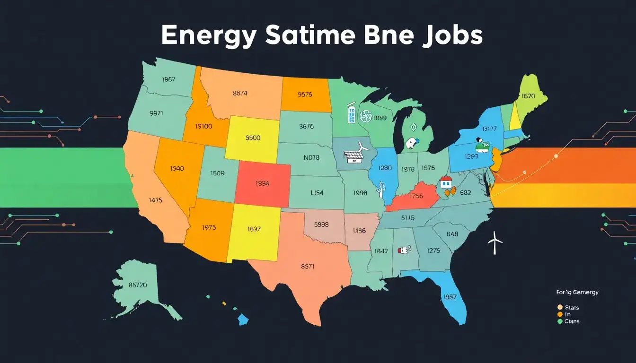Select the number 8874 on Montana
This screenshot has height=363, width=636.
[240, 93]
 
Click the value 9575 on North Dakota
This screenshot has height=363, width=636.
[305, 94]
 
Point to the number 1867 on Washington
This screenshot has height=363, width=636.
[168, 79]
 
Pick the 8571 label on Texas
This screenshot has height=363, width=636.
[308, 266]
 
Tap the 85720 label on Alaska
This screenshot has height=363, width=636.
[138, 285]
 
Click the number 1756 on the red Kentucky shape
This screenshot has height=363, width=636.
[416, 196]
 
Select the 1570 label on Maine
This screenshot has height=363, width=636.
[528, 96]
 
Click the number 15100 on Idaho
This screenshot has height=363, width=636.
[204, 126]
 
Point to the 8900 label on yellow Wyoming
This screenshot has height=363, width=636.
[253, 138]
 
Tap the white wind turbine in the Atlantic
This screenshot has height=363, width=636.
[495, 242]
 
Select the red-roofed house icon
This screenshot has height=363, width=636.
[446, 182]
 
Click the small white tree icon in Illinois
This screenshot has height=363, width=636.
[380, 189]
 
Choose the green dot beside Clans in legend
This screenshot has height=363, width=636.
[560, 321]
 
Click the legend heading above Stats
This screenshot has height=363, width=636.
[577, 292]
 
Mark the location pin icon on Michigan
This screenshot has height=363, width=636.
[413, 127]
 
